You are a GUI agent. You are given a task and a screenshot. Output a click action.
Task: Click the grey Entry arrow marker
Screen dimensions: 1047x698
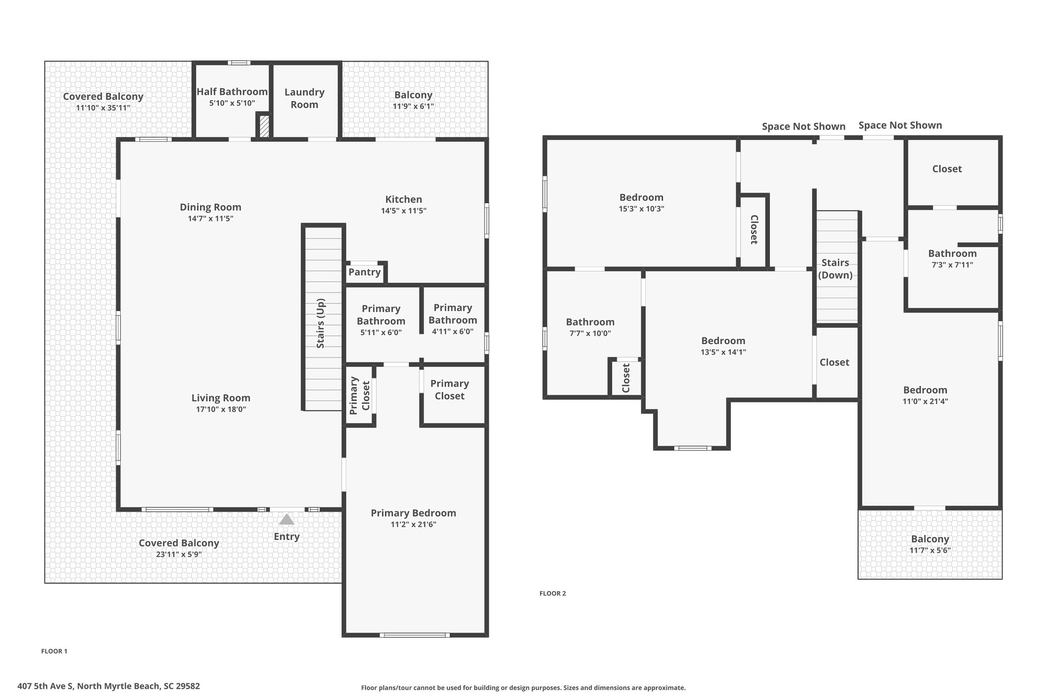[286, 519]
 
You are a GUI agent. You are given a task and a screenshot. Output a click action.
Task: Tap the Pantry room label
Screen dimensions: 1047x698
[365, 272]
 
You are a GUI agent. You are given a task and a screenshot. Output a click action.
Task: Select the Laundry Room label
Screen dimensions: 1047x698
[305, 98]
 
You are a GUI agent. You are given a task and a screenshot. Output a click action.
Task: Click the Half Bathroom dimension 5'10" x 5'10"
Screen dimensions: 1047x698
[232, 103]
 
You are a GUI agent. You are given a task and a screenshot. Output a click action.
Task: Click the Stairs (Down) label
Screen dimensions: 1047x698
[835, 269]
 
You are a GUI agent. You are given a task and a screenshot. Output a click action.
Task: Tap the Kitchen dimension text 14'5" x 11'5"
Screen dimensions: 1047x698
[403, 211]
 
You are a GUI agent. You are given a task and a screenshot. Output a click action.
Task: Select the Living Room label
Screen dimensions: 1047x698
[221, 398]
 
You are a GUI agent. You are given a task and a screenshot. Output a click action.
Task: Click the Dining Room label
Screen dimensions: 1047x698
[210, 207]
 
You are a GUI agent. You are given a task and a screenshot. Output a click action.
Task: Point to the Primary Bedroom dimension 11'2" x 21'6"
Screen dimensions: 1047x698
[413, 525]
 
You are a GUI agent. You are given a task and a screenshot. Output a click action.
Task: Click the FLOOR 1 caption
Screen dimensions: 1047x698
[54, 651]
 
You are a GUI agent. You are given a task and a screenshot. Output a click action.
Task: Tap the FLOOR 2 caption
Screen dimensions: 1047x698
[553, 594]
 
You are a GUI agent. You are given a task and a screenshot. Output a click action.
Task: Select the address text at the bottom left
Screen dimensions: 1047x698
[108, 686]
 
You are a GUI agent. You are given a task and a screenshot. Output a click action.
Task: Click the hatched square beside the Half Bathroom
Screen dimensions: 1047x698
[264, 126]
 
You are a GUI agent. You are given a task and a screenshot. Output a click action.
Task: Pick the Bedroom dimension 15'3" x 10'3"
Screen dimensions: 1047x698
[641, 209]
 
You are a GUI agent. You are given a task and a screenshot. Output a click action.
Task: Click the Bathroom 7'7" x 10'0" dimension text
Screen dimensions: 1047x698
[590, 333]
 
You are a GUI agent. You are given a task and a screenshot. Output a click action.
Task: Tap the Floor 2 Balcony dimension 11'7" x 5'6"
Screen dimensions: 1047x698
[930, 551]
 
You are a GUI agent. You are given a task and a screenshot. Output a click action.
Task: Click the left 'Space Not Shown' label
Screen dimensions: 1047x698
[804, 126]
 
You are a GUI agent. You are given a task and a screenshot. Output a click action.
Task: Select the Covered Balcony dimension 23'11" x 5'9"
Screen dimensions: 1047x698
[179, 555]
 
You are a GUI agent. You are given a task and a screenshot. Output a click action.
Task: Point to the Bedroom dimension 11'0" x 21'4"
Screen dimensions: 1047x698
[925, 401]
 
